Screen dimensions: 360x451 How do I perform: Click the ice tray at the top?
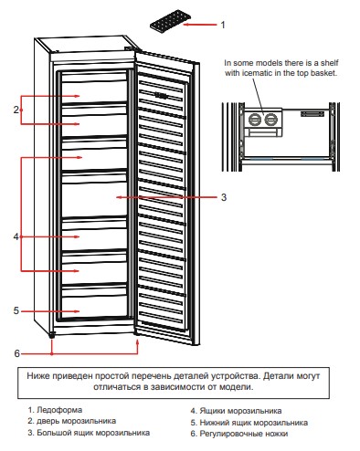point(170,20)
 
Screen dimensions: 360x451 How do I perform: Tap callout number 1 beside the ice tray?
point(223,25)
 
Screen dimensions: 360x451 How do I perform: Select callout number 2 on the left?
point(16,110)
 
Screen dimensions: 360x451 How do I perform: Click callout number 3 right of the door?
point(224,197)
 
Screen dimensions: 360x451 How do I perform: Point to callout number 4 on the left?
point(16,236)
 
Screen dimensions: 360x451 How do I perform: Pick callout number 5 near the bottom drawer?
point(16,310)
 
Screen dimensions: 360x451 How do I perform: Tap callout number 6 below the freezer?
point(16,353)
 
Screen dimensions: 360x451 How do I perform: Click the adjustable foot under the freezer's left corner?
point(52,335)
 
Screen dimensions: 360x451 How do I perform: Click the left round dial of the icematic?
point(255,120)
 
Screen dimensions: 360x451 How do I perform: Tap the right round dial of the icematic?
point(270,120)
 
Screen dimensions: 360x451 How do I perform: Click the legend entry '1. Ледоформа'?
point(55,410)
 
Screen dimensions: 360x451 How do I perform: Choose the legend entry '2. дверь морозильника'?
point(71,421)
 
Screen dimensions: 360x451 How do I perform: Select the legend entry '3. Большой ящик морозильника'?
point(89,433)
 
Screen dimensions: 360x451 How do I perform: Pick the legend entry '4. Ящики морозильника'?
point(236,411)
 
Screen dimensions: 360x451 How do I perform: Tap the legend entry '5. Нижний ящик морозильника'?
point(249,423)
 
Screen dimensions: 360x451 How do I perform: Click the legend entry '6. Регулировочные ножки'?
point(239,434)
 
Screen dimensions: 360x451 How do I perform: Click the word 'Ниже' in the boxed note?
point(38,376)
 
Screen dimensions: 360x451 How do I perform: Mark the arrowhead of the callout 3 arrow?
point(118,197)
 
